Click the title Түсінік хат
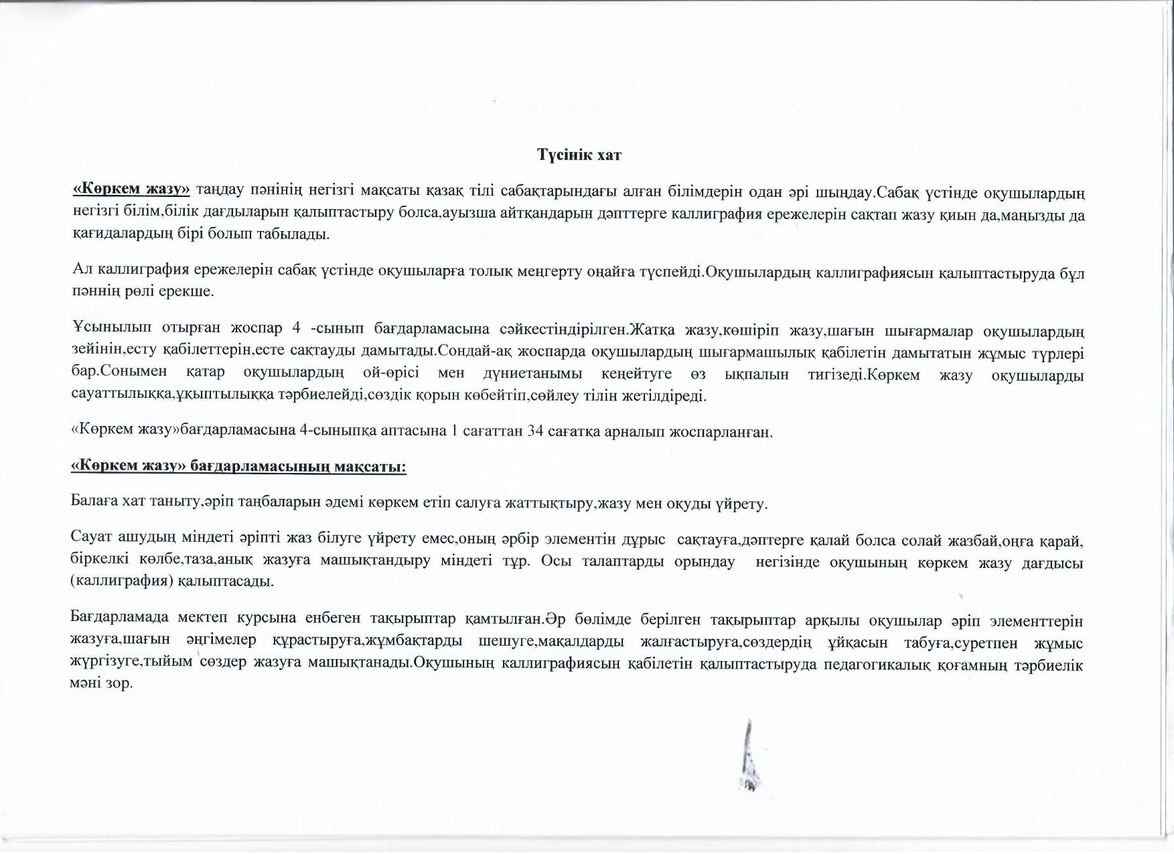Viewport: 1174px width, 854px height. [x=579, y=155]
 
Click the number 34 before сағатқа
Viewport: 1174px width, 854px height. [x=535, y=431]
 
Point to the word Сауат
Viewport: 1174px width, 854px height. [x=90, y=540]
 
